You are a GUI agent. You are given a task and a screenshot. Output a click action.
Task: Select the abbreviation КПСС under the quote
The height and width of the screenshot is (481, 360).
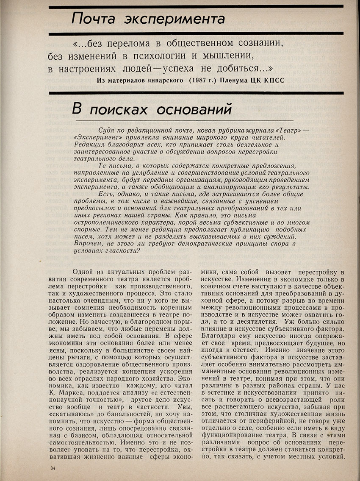[x=270, y=81]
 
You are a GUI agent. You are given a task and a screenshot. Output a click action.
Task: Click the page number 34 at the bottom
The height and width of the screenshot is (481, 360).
[x=53, y=468]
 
